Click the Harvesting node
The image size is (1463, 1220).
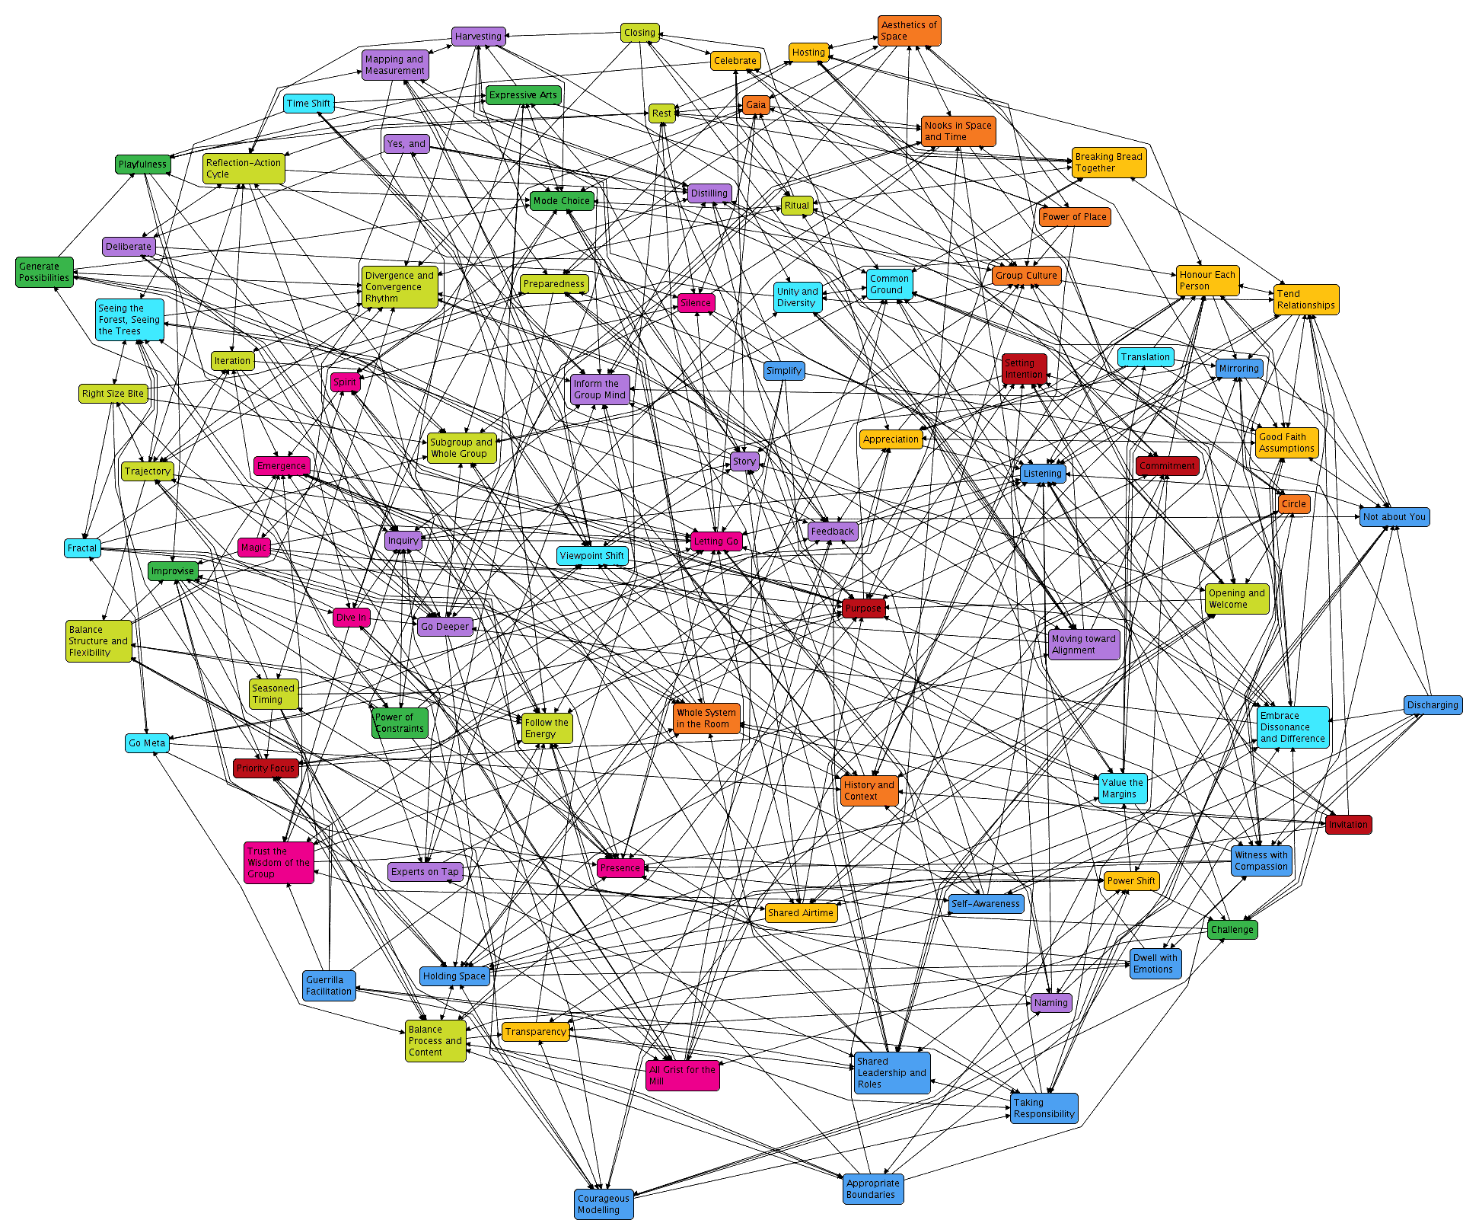(x=478, y=36)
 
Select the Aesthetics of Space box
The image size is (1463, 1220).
(x=909, y=30)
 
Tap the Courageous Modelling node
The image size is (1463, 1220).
(x=604, y=1203)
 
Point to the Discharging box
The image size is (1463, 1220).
(x=1433, y=704)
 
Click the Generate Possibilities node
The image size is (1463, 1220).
(x=44, y=272)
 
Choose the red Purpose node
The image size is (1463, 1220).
(x=863, y=608)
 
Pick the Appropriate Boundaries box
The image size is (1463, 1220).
(x=873, y=1188)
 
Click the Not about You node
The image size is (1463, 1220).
(x=1394, y=516)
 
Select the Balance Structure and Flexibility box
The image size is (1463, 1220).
(x=98, y=640)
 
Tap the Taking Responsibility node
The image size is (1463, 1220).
(x=1044, y=1107)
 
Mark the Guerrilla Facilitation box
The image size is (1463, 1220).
(x=329, y=985)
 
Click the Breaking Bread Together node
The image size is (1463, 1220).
(x=1108, y=162)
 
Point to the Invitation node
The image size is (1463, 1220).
(x=1348, y=824)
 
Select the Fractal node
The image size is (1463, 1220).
(x=82, y=548)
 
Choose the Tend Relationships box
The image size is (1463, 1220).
(x=1305, y=299)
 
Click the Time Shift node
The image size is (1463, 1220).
(x=309, y=103)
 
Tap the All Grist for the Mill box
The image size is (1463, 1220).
(x=682, y=1075)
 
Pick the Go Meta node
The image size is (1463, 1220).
(x=147, y=743)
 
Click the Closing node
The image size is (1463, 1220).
(x=639, y=33)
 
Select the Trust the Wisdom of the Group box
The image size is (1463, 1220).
(x=279, y=862)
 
